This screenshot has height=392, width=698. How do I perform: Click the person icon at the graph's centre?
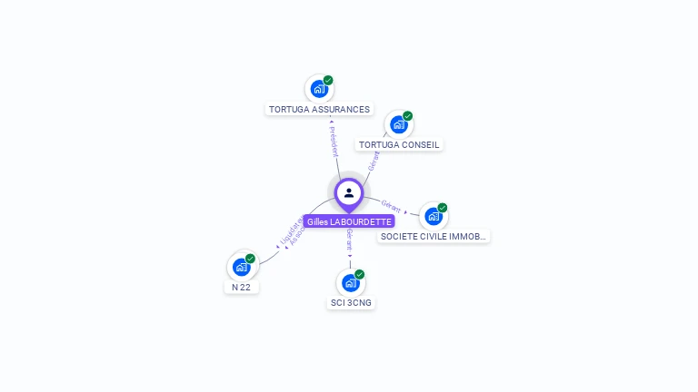pos(349,192)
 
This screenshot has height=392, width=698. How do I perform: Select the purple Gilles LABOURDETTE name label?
pos(349,221)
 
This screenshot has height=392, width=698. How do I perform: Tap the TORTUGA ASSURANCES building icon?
pos(318,89)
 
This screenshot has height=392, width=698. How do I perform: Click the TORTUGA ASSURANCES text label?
pos(319,109)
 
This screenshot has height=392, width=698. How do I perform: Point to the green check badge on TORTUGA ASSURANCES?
pos(328,80)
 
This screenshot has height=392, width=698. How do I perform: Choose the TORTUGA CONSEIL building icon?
pos(398,124)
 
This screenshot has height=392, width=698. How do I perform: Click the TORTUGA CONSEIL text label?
pos(399,144)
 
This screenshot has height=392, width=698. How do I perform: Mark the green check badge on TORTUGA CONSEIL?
pos(408,115)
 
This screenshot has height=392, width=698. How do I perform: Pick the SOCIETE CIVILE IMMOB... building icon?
pos(433,216)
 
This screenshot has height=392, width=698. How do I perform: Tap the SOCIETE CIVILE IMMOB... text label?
pos(434,236)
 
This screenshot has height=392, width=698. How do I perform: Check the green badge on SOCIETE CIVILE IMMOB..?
pos(443,207)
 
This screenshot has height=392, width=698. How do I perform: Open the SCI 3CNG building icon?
pos(350,282)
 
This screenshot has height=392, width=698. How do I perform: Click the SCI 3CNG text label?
pos(351,302)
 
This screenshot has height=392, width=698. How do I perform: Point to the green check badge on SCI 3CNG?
pos(360,273)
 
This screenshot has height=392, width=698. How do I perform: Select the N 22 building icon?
pos(241,267)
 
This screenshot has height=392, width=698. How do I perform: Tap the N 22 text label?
pos(241,287)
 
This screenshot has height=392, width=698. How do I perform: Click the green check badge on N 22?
pos(251,258)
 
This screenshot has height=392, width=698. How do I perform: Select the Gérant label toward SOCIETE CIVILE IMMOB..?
pos(392,205)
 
